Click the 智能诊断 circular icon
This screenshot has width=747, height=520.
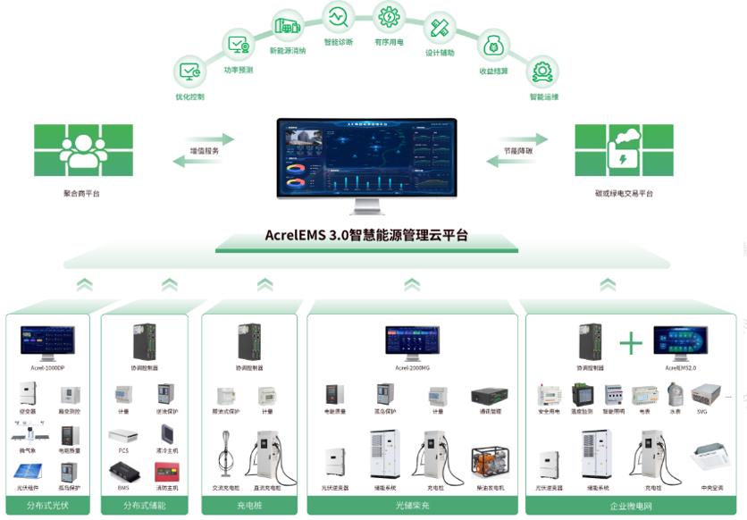coord(338,18)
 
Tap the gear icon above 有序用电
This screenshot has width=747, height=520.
coord(389,17)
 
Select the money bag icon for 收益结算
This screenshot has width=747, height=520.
coord(492,46)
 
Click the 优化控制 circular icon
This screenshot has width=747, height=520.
coord(189,71)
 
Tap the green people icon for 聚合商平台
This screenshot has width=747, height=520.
coord(83,150)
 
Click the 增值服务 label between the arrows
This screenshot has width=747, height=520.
coord(204,151)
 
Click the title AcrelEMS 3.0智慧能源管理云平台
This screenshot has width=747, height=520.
coord(366,236)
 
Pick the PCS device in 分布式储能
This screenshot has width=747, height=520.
coord(123,436)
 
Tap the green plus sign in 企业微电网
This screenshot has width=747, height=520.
coord(631,342)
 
